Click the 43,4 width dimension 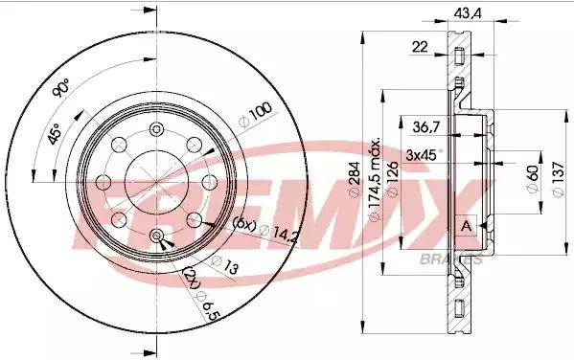click(x=468, y=13)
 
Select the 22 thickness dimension click(x=420, y=47)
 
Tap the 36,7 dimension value click(x=426, y=127)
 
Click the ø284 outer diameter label click(x=355, y=179)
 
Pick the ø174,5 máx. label click(x=375, y=180)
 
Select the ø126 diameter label click(x=392, y=179)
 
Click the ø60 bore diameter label click(x=533, y=179)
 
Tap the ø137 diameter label click(x=558, y=179)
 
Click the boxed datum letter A click(x=467, y=226)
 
